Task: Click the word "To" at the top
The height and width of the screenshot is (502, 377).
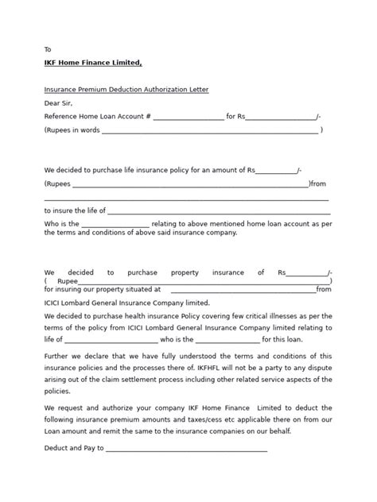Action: click(x=48, y=49)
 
